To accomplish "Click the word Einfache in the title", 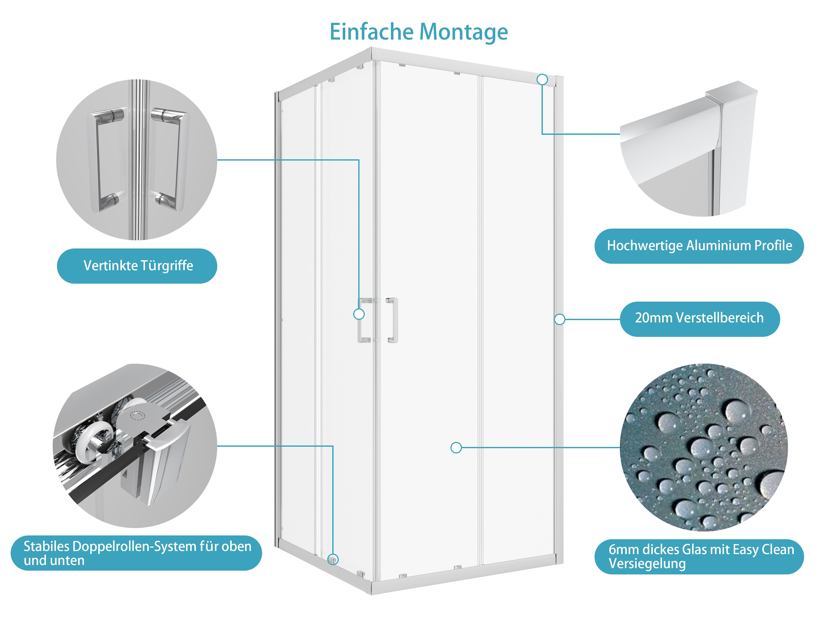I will [x=371, y=32].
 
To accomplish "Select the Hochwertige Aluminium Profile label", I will [x=699, y=246].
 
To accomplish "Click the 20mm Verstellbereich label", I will [x=699, y=318].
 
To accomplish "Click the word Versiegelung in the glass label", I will [x=647, y=564].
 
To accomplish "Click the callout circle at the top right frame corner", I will [x=543, y=80].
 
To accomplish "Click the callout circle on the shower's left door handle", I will [x=359, y=314].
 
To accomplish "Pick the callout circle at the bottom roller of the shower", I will [x=333, y=559].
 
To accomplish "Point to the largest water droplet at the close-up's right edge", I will [x=772, y=486].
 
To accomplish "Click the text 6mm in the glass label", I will [x=624, y=549].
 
